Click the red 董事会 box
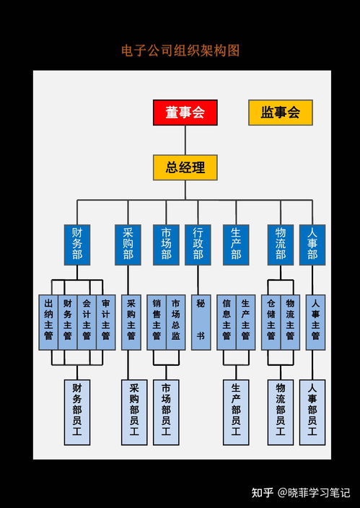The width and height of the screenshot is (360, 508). click(x=185, y=113)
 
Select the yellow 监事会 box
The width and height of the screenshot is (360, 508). click(x=281, y=113)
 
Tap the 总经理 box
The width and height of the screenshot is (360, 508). click(x=185, y=167)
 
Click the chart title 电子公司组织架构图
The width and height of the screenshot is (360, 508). click(x=180, y=51)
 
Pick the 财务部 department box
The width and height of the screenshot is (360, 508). click(x=76, y=245)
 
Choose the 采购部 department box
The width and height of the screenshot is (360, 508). click(x=128, y=245)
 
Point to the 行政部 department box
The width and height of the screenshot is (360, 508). click(x=198, y=245)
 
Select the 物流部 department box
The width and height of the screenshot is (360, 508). click(x=281, y=245)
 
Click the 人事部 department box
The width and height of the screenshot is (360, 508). click(x=312, y=245)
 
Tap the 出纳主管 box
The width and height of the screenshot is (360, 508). click(x=48, y=323)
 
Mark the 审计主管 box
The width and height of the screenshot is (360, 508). click(x=106, y=323)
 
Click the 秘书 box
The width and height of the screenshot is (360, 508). click(x=201, y=323)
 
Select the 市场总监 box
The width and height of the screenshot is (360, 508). click(x=175, y=323)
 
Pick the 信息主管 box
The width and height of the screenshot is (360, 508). click(x=227, y=323)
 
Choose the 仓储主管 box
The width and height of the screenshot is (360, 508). click(x=271, y=323)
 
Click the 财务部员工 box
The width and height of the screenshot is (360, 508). click(x=76, y=412)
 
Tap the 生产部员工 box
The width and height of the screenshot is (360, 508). click(x=236, y=412)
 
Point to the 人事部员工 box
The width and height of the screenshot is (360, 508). click(x=312, y=412)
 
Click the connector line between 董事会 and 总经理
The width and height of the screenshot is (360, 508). click(x=185, y=140)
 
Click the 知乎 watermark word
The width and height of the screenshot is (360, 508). click(x=263, y=493)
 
